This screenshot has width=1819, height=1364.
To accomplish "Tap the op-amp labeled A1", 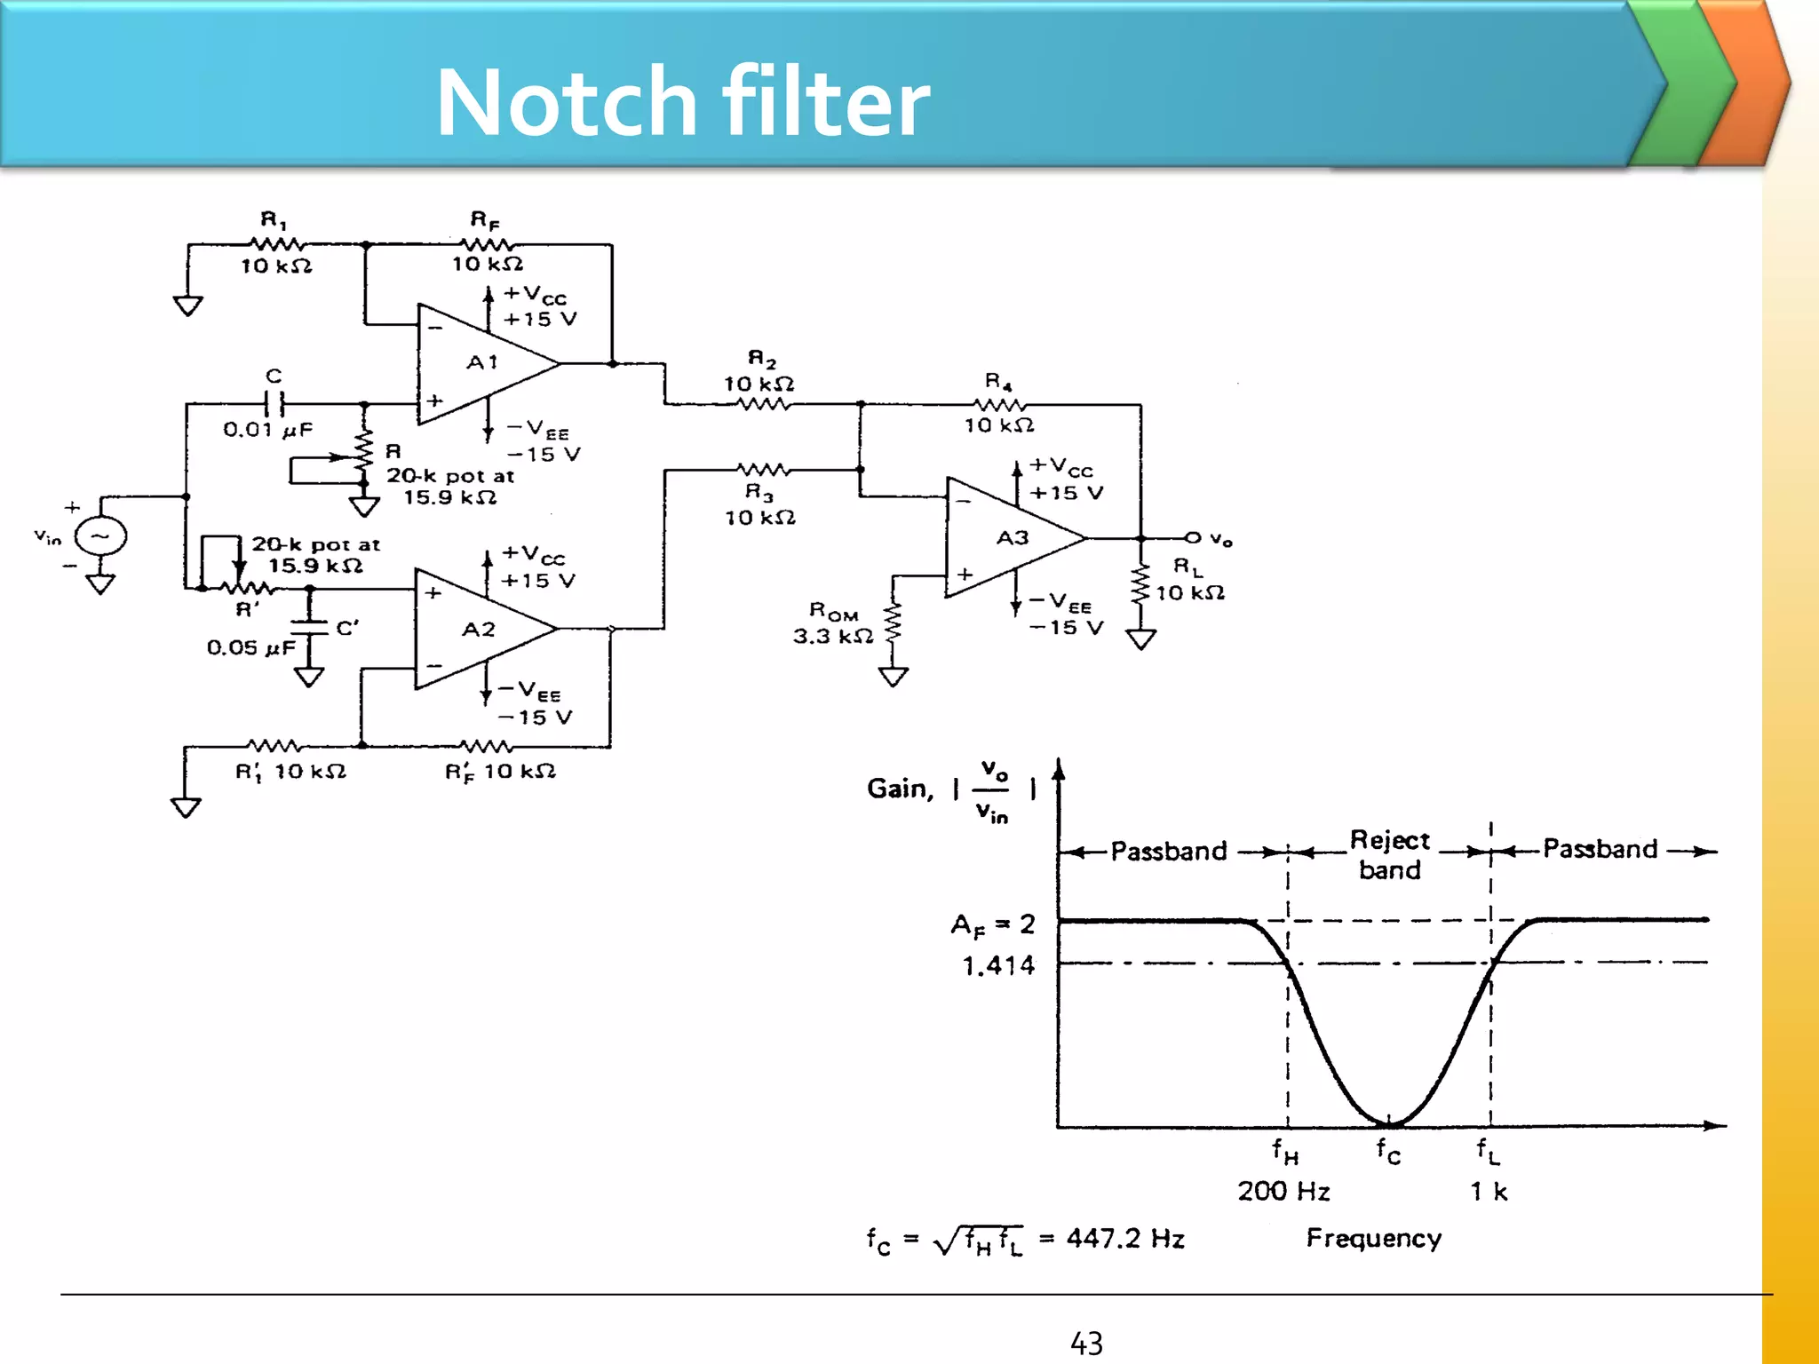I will (482, 362).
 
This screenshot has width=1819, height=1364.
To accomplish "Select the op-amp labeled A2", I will (479, 629).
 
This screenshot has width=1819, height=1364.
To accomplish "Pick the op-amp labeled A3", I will (1012, 537).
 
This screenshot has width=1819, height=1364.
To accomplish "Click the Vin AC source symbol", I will (100, 536).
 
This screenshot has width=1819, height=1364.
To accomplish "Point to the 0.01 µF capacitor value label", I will (267, 430).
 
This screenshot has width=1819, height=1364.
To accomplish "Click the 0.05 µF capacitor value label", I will (251, 647).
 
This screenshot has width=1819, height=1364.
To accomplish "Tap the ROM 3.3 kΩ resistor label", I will (833, 623).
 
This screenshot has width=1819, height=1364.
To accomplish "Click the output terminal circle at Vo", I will (1193, 537).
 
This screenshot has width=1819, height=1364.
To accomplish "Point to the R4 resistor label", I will (998, 382).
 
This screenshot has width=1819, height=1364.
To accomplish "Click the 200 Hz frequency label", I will (1283, 1191).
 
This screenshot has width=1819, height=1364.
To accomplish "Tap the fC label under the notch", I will (1388, 1152).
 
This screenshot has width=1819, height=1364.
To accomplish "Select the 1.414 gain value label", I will (998, 965).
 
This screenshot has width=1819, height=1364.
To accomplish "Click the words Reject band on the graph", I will (1389, 854).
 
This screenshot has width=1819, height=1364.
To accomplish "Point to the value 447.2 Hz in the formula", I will (1125, 1238).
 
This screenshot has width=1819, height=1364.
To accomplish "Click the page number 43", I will (1086, 1343).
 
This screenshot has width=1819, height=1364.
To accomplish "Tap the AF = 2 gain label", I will (993, 925).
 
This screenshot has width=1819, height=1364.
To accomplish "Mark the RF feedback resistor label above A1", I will (485, 220).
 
